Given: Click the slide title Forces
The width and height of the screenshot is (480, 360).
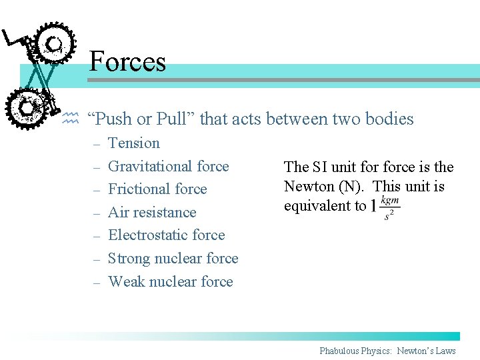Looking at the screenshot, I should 127,61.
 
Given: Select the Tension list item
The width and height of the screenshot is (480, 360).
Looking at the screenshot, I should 134,143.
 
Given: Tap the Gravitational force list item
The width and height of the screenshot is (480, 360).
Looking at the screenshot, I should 168,166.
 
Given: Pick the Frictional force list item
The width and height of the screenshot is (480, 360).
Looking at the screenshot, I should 157,189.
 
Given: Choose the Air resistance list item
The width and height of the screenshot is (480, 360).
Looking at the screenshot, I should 152,212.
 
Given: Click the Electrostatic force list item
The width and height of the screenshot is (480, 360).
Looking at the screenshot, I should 166,235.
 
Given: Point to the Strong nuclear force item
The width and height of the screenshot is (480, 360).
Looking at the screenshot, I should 173,258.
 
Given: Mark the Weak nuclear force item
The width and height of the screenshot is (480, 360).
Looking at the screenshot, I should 170,281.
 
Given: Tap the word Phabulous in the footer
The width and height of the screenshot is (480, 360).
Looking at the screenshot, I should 349,351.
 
